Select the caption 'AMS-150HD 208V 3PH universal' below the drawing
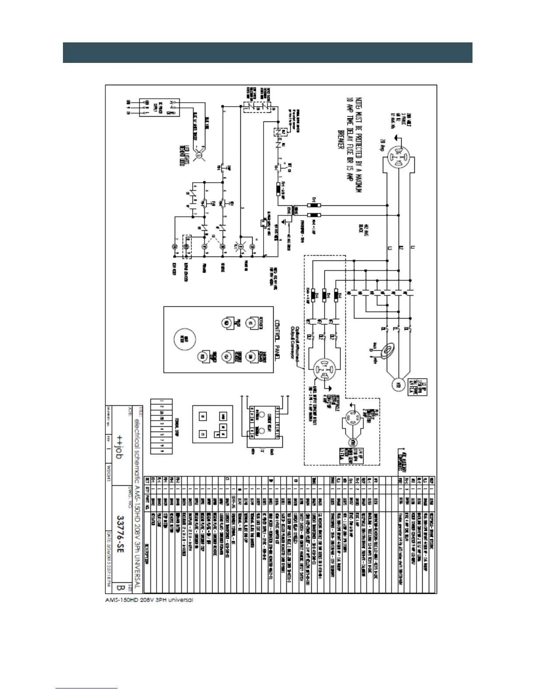pos(149,600)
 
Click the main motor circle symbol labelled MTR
pos(398,386)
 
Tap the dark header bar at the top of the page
pos(267,52)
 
